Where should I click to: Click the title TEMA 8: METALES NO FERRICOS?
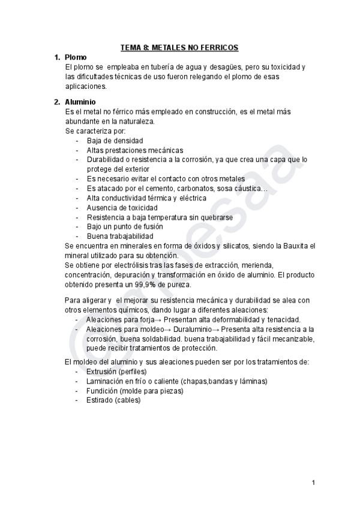[179, 47]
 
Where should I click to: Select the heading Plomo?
[76, 57]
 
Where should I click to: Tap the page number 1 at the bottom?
[313, 483]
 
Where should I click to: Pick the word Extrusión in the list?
[103, 372]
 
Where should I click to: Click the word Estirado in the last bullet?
[100, 400]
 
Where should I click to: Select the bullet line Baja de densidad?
[115, 140]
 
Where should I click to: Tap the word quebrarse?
[212, 217]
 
